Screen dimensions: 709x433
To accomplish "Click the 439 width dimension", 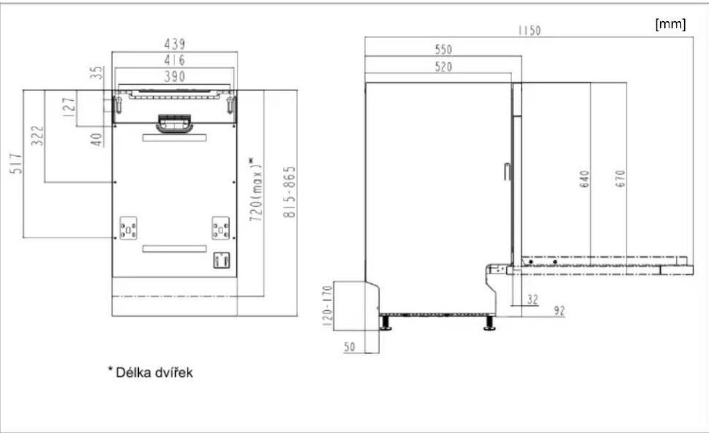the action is [x=175, y=44].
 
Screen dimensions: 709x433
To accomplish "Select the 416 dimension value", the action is [x=175, y=60].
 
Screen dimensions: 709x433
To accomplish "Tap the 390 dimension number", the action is [x=175, y=77].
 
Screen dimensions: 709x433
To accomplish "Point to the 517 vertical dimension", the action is [x=16, y=164].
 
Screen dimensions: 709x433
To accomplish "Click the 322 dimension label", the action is [x=38, y=136].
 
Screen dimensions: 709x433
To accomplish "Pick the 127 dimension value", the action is [x=69, y=107].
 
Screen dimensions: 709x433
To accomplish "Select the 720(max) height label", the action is [x=256, y=189].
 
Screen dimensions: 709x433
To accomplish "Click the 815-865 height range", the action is [x=289, y=192].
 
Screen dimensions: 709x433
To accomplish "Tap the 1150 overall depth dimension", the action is [x=529, y=30].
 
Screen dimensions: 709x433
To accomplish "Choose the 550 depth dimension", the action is [x=443, y=50].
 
